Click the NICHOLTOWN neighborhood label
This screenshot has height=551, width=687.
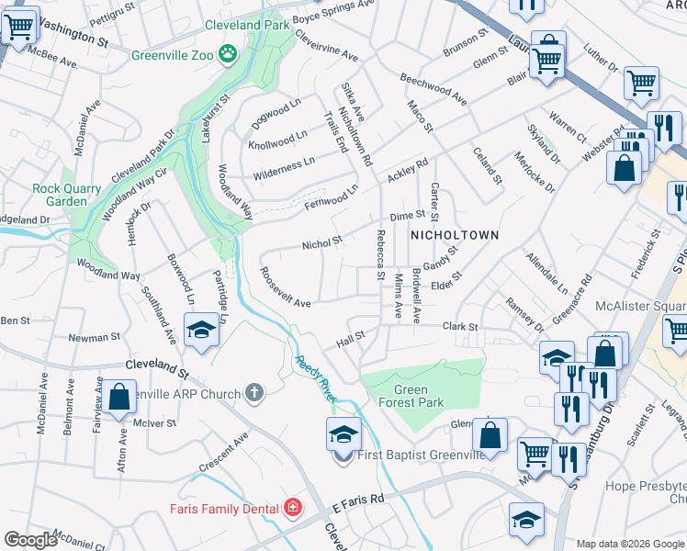point(454,235)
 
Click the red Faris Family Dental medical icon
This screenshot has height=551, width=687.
point(292,507)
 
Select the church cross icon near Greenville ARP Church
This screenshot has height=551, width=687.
point(254,393)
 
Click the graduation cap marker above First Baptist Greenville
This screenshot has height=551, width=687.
point(343,433)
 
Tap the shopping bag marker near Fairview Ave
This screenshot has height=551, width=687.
point(119,397)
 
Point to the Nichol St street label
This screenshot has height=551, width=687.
point(322,244)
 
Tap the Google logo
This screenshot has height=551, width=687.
point(30,540)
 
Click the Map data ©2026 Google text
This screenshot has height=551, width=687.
point(629,544)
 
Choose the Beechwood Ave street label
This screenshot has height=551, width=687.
point(433,85)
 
